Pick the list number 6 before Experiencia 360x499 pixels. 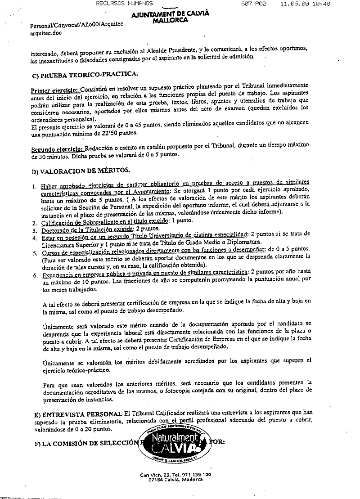click(34, 274)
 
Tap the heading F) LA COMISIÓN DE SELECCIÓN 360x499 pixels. click(88, 442)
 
